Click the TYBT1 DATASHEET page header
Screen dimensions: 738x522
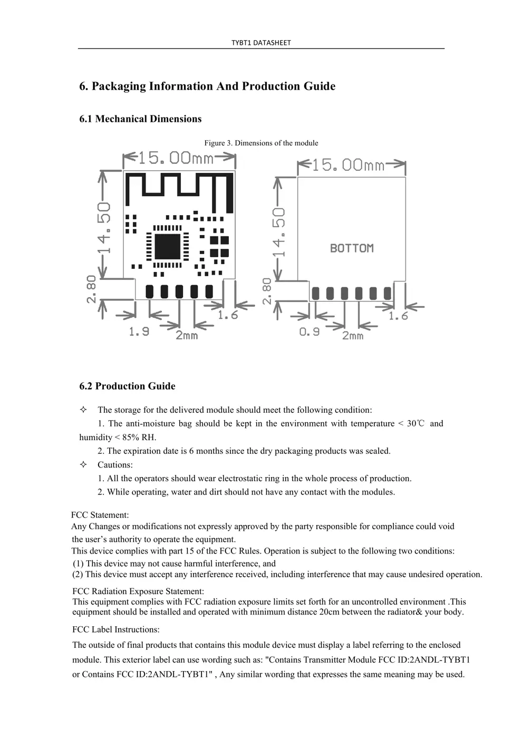[261, 43]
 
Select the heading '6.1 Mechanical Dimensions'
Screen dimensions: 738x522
[140, 119]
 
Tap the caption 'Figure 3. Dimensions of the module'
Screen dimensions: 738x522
[261, 143]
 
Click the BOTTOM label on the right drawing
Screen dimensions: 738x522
[352, 248]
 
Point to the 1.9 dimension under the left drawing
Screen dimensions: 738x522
[139, 332]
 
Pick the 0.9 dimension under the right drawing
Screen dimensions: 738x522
[310, 332]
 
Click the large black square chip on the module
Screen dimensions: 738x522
[168, 246]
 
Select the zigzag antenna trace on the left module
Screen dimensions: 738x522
[179, 187]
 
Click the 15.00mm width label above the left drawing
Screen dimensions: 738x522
[176, 158]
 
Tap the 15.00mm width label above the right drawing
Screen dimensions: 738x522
[348, 166]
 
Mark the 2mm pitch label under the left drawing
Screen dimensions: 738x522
[187, 335]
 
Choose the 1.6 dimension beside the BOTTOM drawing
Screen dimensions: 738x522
[399, 316]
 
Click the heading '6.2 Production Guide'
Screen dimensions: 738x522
[127, 386]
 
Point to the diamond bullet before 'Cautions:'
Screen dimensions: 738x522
[83, 464]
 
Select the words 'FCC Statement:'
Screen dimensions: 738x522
[100, 515]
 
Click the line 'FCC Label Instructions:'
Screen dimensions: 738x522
[115, 629]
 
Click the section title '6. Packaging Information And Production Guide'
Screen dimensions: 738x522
[207, 86]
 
